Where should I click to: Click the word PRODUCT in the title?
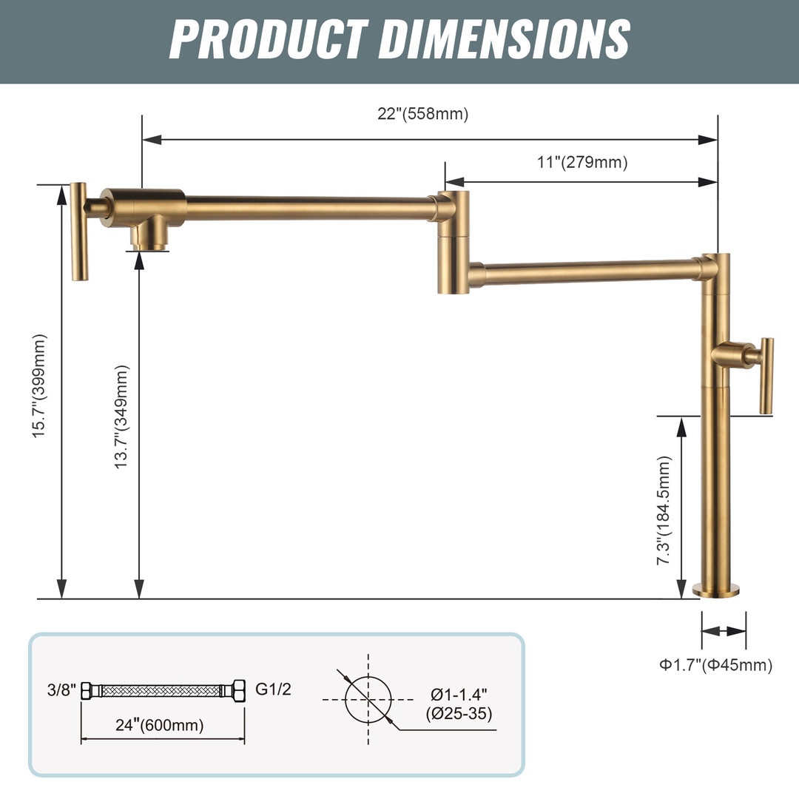(269, 38)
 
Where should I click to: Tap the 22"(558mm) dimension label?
(423, 113)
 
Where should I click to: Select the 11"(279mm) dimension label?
(582, 162)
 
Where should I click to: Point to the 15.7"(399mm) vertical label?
(39, 385)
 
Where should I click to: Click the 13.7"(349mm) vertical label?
(121, 417)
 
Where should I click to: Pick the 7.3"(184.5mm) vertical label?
(664, 510)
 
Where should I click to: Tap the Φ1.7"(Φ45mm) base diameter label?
(716, 664)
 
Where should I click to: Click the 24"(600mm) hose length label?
(160, 724)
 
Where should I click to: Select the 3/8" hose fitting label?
(61, 690)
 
